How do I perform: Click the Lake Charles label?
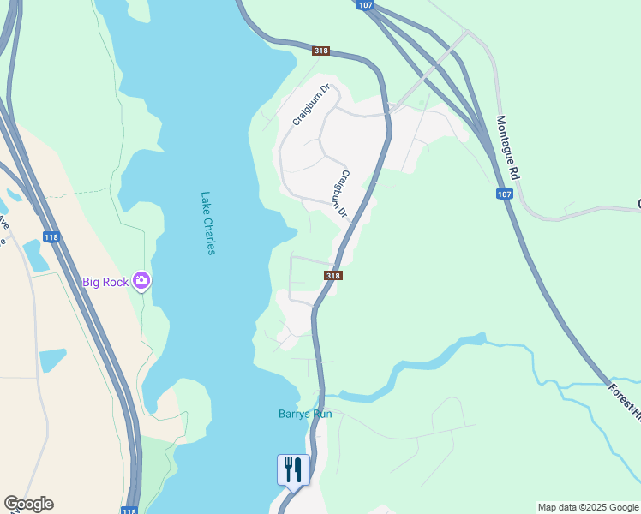pyautogui.click(x=208, y=223)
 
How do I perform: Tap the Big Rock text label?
pyautogui.click(x=105, y=281)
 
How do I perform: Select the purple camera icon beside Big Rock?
pyautogui.click(x=141, y=280)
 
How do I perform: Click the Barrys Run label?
pyautogui.click(x=305, y=414)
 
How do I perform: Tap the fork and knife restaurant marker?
pyautogui.click(x=292, y=470)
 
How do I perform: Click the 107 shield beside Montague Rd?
pyautogui.click(x=505, y=194)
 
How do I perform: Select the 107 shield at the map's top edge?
pyautogui.click(x=366, y=5)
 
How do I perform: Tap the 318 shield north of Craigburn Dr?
pyautogui.click(x=320, y=51)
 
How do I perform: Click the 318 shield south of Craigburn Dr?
pyautogui.click(x=333, y=275)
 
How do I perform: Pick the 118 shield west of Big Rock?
pyautogui.click(x=51, y=236)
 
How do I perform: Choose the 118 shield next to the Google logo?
pyautogui.click(x=129, y=511)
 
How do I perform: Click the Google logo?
pyautogui.click(x=28, y=504)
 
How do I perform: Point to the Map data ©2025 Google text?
pyautogui.click(x=588, y=507)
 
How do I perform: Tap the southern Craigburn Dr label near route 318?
pyautogui.click(x=341, y=193)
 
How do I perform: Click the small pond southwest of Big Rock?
pyautogui.click(x=51, y=359)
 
